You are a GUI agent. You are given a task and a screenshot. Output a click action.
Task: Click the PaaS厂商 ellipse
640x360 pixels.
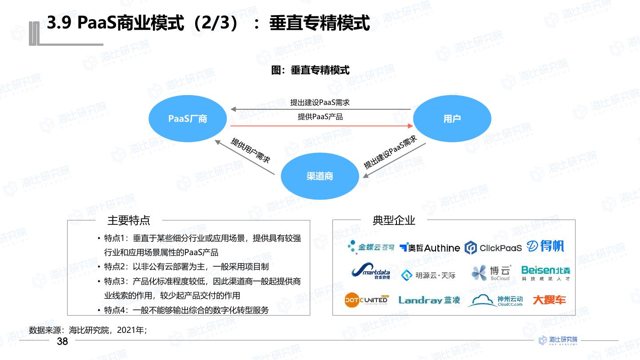[x=187, y=119]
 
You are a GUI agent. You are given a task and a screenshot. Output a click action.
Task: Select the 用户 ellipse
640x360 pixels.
[x=452, y=119]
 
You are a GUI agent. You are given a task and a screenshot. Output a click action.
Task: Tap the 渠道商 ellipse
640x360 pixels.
[x=320, y=176]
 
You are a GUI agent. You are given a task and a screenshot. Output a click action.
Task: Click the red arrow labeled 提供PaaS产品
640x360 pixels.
[x=320, y=126]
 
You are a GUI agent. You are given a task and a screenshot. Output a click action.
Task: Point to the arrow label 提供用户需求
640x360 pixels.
[x=250, y=150]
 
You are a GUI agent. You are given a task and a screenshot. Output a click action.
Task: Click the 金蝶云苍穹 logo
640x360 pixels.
[x=371, y=247]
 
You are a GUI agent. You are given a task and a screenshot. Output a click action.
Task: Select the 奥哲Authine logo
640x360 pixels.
[x=430, y=248]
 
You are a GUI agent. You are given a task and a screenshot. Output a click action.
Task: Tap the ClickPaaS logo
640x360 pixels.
[x=493, y=248]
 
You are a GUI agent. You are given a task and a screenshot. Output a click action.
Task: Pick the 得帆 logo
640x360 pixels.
[x=545, y=246]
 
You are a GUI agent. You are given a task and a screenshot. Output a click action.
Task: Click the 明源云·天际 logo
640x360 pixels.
[x=428, y=276]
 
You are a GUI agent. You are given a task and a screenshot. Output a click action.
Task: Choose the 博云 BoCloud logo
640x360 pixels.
[x=492, y=273]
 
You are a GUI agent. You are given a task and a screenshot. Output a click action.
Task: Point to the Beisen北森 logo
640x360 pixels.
[x=545, y=273]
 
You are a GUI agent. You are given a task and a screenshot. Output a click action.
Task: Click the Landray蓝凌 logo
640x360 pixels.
[x=429, y=300]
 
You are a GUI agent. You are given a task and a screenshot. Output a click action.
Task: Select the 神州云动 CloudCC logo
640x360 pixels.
[x=495, y=300]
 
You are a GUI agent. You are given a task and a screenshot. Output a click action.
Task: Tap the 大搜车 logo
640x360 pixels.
[x=549, y=300]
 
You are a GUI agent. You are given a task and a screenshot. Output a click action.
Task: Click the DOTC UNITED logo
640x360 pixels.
[x=366, y=300]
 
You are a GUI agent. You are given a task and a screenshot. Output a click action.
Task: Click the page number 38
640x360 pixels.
[x=62, y=341]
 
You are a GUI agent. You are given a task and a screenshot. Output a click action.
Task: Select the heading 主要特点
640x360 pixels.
[x=129, y=220]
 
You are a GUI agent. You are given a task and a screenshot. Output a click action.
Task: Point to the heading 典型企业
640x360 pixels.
[x=394, y=220]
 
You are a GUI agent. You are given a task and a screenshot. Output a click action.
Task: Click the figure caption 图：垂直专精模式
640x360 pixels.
[x=310, y=70]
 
